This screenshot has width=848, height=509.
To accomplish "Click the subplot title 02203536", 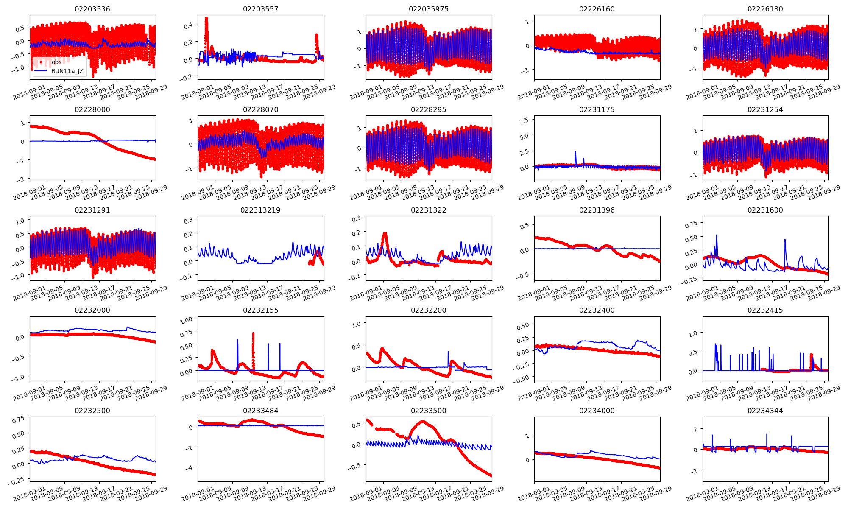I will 92,9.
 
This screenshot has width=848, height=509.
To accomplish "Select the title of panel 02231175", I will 597,109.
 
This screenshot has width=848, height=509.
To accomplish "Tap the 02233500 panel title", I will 429,411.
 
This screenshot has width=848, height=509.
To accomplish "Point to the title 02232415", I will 765,310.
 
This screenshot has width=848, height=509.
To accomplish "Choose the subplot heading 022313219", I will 260,210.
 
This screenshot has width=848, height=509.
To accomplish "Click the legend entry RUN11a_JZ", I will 67,71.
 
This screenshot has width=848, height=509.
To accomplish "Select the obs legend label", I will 56,62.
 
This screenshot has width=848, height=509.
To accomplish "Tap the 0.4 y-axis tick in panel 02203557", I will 188,25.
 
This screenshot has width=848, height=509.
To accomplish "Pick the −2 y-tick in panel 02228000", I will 21,179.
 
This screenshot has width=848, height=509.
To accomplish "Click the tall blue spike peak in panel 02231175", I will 575,151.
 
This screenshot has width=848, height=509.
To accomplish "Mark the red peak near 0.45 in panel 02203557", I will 206,18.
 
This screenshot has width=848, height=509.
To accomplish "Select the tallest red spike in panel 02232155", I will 253,334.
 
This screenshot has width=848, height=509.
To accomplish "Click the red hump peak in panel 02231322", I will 385,233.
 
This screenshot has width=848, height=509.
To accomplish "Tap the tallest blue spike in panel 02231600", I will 717,235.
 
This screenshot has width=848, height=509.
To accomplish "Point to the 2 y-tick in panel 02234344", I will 695,429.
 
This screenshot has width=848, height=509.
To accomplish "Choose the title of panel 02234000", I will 597,411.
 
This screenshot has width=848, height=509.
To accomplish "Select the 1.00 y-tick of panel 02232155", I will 186,320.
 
